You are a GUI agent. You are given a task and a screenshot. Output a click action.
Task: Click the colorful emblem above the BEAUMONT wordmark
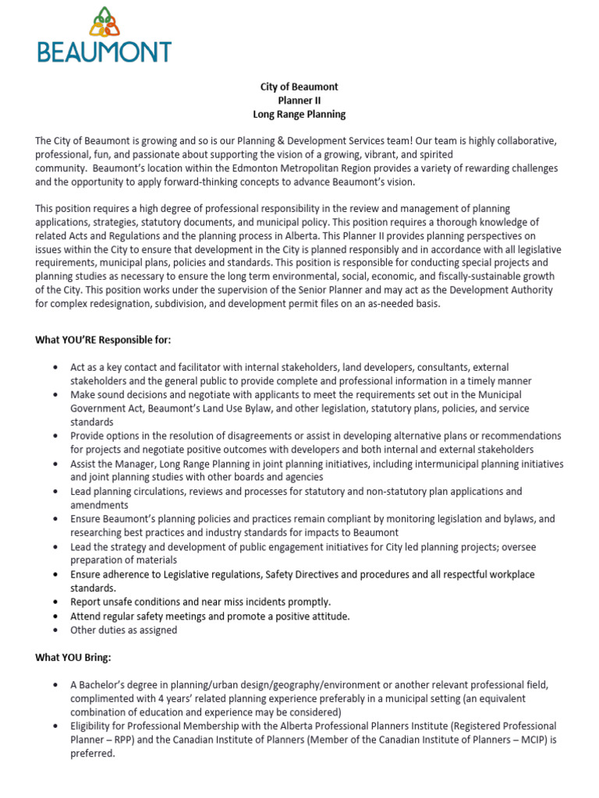[x=104, y=22]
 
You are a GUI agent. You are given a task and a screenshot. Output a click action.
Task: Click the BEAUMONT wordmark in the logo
[x=104, y=51]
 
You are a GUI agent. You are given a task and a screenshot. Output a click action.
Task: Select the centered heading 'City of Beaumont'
[x=299, y=87]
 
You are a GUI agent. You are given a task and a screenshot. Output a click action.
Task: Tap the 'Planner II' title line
[x=299, y=101]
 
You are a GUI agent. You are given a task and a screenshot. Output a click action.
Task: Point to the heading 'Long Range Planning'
[x=299, y=115]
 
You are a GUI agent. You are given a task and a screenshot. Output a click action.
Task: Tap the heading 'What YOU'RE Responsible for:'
[x=103, y=340]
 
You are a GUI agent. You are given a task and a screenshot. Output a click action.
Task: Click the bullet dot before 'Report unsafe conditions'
[x=55, y=602]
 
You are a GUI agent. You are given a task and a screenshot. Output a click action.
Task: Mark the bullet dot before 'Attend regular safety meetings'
[x=55, y=616]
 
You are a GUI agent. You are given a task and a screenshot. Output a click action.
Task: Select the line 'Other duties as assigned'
[x=124, y=630]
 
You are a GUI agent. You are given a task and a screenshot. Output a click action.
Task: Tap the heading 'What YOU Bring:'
[x=75, y=658]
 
